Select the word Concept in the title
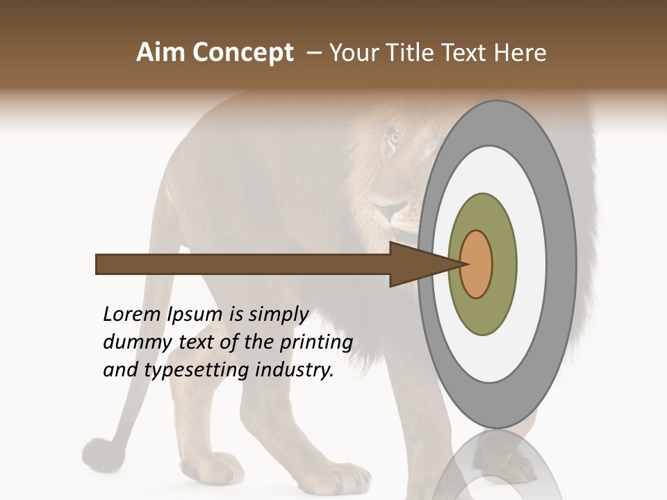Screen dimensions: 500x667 click(x=242, y=53)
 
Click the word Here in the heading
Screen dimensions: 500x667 click(x=521, y=53)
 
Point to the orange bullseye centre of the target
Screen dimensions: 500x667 click(x=477, y=264)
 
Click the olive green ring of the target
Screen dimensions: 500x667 click(x=483, y=316)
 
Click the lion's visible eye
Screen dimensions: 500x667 click(x=394, y=137)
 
